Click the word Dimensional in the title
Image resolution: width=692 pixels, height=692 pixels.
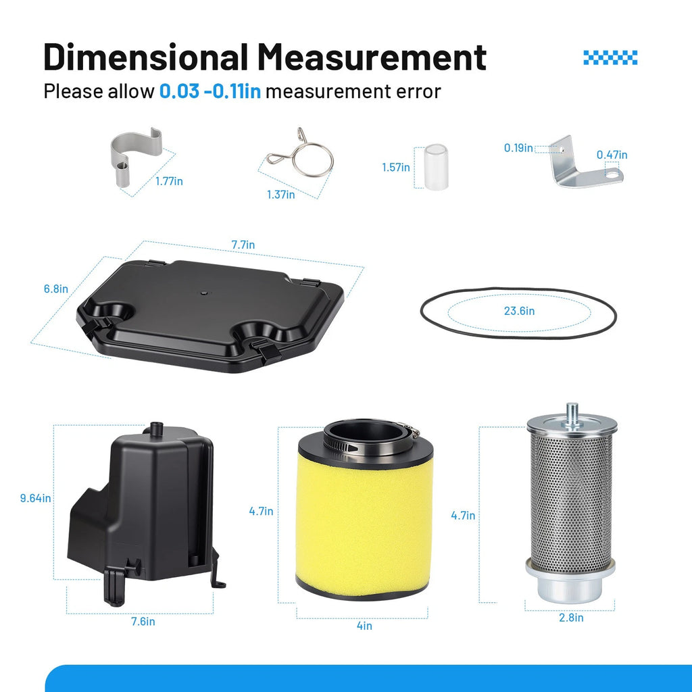(146, 57)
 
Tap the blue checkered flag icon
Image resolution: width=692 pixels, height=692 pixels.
(610, 57)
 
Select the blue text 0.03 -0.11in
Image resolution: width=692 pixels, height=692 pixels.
(210, 91)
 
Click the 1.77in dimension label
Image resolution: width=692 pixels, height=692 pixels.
(169, 181)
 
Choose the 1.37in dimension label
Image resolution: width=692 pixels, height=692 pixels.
(280, 194)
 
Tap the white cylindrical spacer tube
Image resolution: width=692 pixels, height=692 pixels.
(436, 167)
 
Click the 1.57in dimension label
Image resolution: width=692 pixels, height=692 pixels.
(396, 168)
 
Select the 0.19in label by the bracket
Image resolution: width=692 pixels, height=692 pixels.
(518, 148)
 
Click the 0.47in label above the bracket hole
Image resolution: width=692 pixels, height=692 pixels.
(612, 155)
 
